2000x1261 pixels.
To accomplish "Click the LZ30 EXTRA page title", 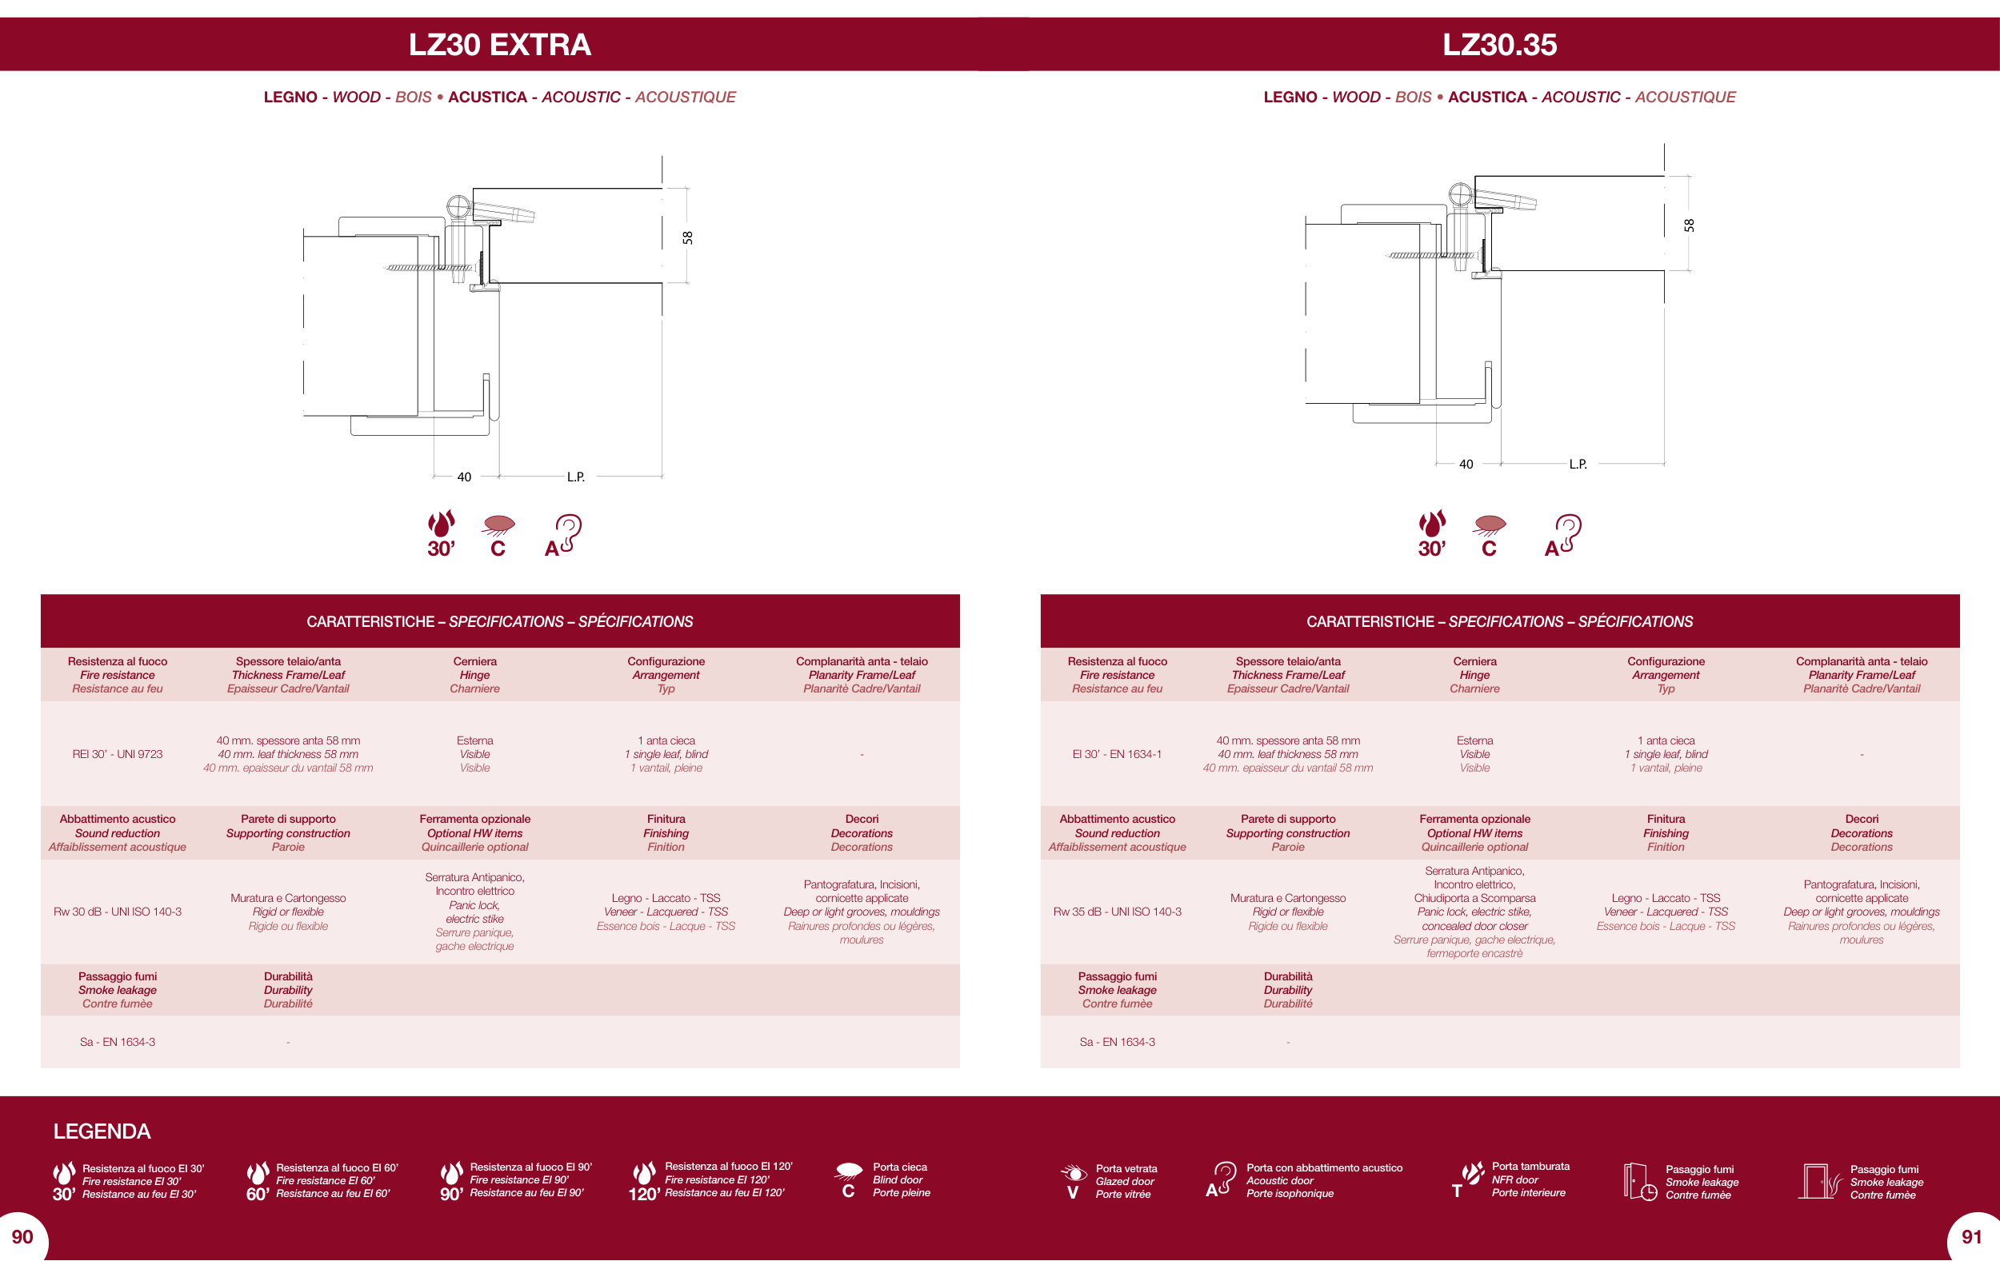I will [499, 45].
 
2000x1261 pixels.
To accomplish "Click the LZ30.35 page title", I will [1499, 45].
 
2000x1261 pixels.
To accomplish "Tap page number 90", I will [22, 1237].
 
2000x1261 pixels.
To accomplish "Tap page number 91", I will [1972, 1237].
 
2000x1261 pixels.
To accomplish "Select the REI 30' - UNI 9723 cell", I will [117, 754].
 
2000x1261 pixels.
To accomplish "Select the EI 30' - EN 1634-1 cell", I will [1116, 754].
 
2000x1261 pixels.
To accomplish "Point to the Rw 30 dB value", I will [117, 912].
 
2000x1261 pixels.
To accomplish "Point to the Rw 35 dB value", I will [1116, 912].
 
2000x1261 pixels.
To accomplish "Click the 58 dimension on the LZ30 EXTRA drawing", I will [687, 237].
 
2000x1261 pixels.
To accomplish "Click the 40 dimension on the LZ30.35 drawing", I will [1466, 464].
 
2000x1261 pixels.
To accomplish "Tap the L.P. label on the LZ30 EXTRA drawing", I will [575, 477].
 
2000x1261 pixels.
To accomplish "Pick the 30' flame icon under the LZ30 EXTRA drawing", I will [441, 534].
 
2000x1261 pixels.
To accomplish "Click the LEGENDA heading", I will [102, 1131].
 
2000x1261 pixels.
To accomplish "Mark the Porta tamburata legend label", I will [1530, 1167].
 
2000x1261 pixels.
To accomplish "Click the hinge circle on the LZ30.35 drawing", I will [1459, 195].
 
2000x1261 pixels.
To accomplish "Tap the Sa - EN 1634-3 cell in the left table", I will [117, 1042].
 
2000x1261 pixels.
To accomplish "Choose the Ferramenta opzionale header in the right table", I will [1474, 820].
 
